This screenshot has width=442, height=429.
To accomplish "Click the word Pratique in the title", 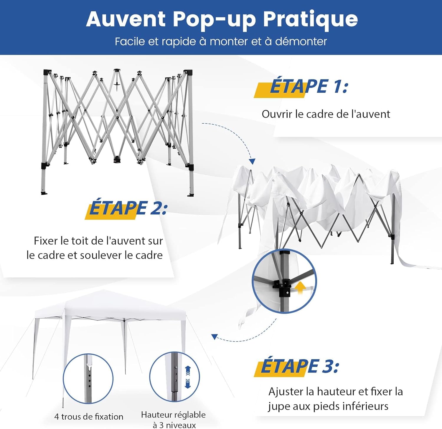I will (310, 19).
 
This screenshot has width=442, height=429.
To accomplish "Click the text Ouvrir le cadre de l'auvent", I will (326, 114).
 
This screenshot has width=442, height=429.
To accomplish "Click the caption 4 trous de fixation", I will (89, 417).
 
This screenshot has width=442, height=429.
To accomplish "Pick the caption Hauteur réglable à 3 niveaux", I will (173, 420).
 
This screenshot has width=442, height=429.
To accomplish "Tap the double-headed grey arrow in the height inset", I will (188, 377).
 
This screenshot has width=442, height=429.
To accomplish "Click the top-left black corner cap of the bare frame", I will (47, 72).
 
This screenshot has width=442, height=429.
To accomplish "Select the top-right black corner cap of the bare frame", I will (188, 72).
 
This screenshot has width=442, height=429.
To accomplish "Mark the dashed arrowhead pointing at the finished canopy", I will (215, 337).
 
